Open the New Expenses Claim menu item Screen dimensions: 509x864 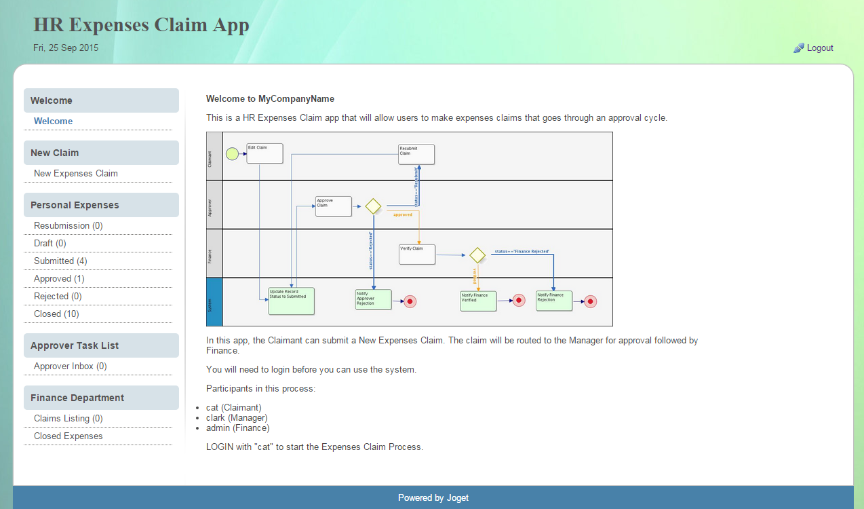(x=76, y=174)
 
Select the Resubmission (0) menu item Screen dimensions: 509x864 (x=68, y=226)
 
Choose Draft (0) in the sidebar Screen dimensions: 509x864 (x=50, y=244)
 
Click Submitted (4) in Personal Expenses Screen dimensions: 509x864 (x=60, y=261)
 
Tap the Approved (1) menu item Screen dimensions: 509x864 (x=59, y=279)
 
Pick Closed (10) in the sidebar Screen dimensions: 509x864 (x=56, y=314)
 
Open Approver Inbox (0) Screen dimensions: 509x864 (x=71, y=366)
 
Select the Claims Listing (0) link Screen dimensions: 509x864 (x=68, y=419)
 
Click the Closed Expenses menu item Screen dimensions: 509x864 (x=68, y=436)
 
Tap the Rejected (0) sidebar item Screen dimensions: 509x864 (x=58, y=297)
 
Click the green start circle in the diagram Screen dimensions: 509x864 (x=232, y=154)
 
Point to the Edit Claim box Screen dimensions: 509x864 (x=264, y=153)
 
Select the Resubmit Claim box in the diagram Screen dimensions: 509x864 (x=416, y=154)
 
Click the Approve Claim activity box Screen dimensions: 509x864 (x=334, y=206)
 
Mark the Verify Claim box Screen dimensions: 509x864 (x=417, y=254)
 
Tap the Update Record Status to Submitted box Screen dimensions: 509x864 (x=292, y=301)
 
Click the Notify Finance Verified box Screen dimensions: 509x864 (x=478, y=301)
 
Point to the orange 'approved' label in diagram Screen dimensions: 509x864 (x=403, y=214)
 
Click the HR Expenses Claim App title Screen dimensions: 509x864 (x=141, y=25)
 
